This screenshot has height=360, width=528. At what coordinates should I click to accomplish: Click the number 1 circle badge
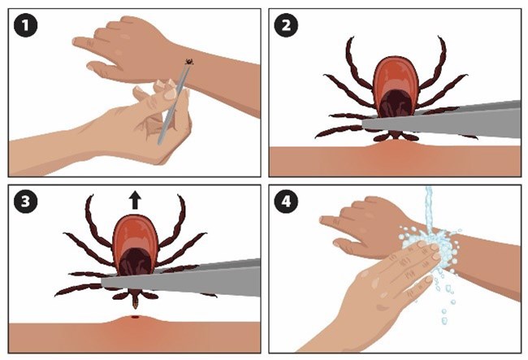26,27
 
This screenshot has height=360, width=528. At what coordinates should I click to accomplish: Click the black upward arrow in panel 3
133,199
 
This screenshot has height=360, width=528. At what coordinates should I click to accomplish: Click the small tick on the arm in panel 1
189,62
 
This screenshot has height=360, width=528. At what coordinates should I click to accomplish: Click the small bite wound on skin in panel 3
134,316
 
